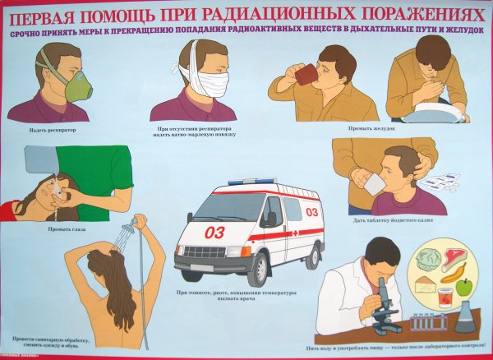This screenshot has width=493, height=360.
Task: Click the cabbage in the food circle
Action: (x=431, y=259)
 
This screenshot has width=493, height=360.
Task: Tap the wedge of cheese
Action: (x=426, y=284)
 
